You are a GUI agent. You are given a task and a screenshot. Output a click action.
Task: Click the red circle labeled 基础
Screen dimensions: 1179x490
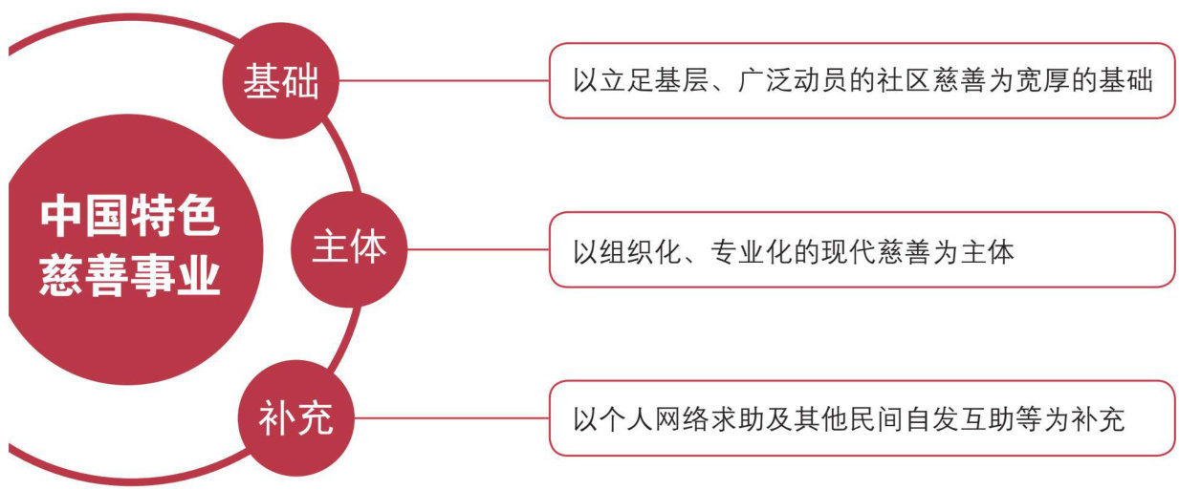click(280, 82)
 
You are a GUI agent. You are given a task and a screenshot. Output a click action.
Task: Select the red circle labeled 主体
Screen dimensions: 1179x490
click(348, 248)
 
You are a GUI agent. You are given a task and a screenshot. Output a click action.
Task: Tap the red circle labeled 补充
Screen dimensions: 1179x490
click(295, 418)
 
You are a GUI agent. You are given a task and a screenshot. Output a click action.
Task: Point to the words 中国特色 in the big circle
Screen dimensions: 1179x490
click(129, 218)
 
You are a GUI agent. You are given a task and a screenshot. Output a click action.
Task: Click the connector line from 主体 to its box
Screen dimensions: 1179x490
click(478, 249)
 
